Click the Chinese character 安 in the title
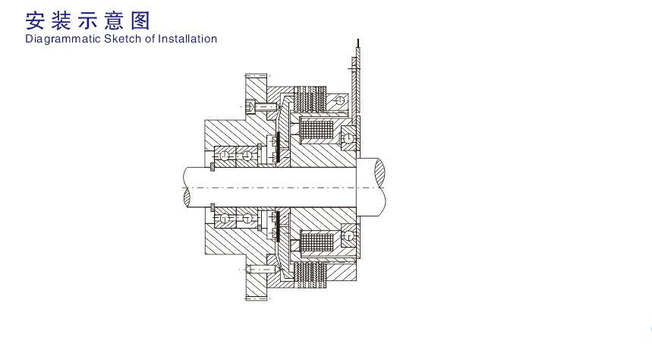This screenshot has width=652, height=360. coord(35,21)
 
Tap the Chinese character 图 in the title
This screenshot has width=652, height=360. coord(140,21)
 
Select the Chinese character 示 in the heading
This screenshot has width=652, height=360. coord(88,21)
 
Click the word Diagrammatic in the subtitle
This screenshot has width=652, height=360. coord(63,39)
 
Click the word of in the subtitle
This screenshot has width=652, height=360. coord(150,39)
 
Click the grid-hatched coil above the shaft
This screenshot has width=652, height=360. coord(317,130)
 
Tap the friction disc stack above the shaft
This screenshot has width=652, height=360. coord(310,99)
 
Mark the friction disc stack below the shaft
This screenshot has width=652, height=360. coord(310,275)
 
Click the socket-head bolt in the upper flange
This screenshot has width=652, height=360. coord(260,106)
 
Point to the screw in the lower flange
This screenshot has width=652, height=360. coord(261,270)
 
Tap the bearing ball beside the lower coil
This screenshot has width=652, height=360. coord(348,236)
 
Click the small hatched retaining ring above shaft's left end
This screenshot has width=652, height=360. coord(213,167)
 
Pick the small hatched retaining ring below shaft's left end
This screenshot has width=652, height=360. coord(213,207)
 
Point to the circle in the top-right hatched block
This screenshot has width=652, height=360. coord(340,100)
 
